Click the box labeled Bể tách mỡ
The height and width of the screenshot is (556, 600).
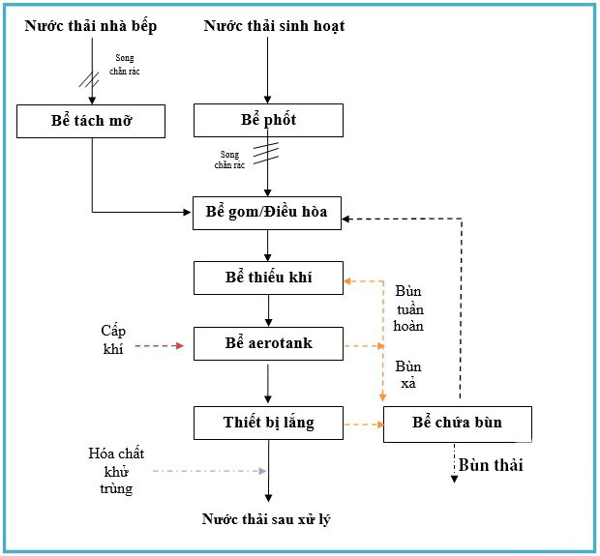[x=92, y=121]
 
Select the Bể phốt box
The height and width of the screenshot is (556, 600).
[x=268, y=121]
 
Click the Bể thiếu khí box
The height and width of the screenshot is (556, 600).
[x=268, y=278]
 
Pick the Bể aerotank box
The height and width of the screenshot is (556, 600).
[x=268, y=343]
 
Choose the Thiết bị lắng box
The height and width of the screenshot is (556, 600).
[x=268, y=423]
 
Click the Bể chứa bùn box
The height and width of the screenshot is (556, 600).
[x=457, y=424]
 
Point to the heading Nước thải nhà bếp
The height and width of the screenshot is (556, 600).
[x=90, y=26]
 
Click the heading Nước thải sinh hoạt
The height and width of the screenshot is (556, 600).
[x=274, y=26]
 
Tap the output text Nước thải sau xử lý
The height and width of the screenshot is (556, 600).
[x=267, y=519]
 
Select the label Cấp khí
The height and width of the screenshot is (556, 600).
[x=113, y=339]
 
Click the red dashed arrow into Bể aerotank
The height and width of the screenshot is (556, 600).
[x=159, y=345]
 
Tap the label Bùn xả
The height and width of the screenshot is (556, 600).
[x=408, y=375]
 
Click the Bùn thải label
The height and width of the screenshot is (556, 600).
[x=491, y=465]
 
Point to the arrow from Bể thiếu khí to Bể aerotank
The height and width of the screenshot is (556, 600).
[x=268, y=309]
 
